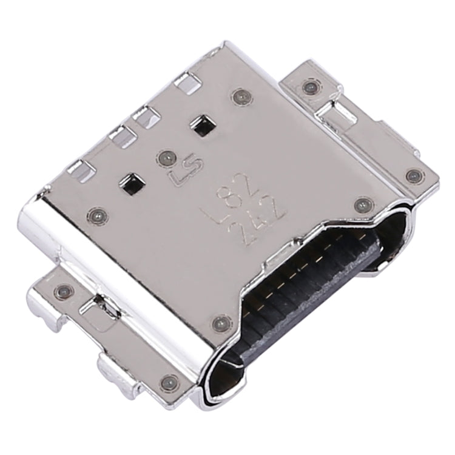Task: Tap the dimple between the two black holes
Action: tap(164, 158)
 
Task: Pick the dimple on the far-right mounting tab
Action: tap(414, 175)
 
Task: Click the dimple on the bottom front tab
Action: tap(168, 382)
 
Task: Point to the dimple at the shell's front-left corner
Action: tap(96, 214)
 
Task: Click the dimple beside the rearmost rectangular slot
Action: tap(240, 96)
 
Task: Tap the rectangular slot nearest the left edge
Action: tap(78, 168)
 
